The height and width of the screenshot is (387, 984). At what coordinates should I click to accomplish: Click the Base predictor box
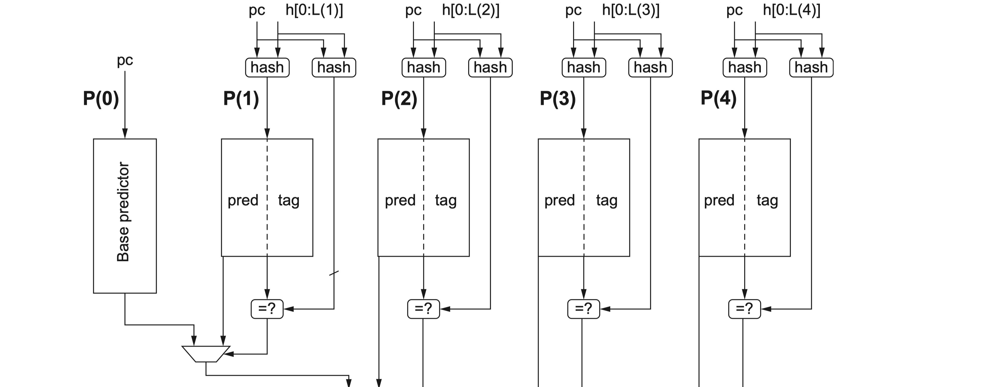(125, 216)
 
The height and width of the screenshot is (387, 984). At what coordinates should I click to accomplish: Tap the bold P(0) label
(101, 99)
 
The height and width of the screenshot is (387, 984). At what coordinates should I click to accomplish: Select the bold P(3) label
(557, 99)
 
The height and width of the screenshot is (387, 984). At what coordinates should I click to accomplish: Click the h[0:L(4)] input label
(791, 10)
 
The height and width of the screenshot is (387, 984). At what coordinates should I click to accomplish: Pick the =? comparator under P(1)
(267, 309)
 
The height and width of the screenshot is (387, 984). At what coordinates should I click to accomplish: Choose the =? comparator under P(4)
(744, 309)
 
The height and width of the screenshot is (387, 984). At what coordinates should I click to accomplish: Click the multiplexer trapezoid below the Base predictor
(206, 354)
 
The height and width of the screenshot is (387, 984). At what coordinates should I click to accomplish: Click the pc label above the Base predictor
(125, 60)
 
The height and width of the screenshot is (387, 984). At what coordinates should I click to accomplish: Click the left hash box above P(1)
(267, 67)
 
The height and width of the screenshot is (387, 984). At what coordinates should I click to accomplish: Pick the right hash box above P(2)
(490, 67)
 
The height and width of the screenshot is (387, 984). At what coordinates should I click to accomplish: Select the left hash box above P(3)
(584, 67)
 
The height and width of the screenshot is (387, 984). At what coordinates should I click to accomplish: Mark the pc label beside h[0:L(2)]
(413, 10)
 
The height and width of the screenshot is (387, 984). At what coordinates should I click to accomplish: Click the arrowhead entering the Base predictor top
(125, 134)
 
